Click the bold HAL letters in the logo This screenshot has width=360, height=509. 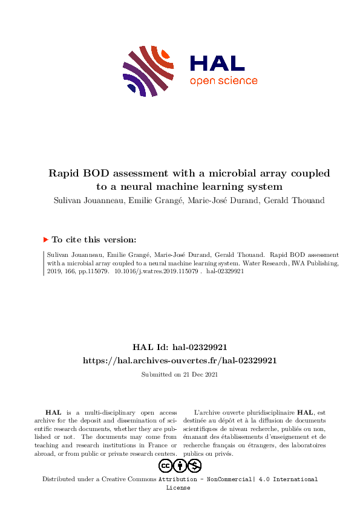[217, 63]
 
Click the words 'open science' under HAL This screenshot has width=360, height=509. [223, 81]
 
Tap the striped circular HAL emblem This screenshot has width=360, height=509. [149, 71]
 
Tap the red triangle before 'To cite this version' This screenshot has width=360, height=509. [46, 239]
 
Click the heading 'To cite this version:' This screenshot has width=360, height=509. [94, 239]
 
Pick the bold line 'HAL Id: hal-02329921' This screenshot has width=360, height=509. [180, 347]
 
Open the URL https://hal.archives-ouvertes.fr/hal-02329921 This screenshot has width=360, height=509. [180, 360]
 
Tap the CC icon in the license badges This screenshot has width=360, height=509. [166, 465]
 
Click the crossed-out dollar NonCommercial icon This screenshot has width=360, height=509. [195, 465]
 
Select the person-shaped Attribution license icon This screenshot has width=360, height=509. [180, 465]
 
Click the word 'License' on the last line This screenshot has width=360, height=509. [178, 487]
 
